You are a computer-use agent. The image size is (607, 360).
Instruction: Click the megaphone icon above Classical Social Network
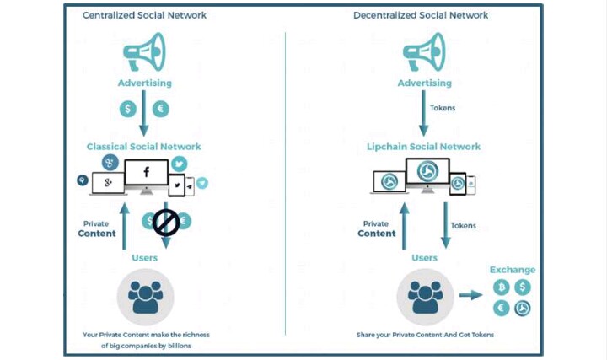point(143,51)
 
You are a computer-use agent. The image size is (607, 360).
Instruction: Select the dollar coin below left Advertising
point(128,109)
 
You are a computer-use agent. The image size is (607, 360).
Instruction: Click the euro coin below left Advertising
point(160,109)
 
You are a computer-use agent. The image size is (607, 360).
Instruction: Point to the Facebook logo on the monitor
point(146,174)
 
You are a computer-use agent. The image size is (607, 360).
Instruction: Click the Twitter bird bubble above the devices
point(179,164)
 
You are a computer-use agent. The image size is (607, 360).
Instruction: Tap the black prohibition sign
point(165,223)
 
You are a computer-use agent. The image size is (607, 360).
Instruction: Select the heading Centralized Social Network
point(144,15)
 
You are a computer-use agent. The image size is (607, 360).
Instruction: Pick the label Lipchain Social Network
point(423,147)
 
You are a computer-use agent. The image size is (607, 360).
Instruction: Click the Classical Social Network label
point(143,147)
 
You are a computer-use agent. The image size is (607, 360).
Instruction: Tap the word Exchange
point(513,270)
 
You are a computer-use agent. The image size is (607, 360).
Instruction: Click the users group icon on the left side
point(145,295)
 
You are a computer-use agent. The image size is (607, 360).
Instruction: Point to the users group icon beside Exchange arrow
point(425,295)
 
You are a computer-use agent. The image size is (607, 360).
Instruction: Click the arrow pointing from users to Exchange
point(470,296)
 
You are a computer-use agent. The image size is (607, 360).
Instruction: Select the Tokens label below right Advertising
point(443,109)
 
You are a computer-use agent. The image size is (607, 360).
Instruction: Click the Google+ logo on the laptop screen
point(108,182)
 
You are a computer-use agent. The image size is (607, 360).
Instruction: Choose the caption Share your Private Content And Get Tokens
point(423,335)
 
